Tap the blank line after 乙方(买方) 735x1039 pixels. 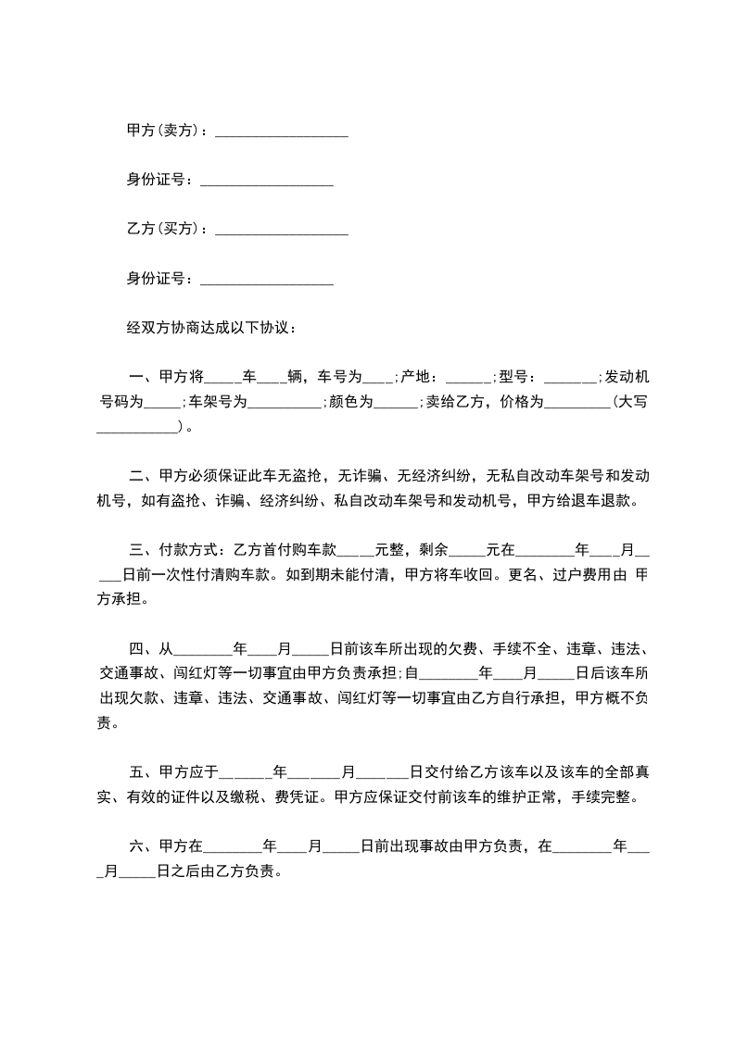point(281,230)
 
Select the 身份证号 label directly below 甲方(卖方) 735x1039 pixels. point(156,180)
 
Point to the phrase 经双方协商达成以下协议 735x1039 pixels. point(209,328)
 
